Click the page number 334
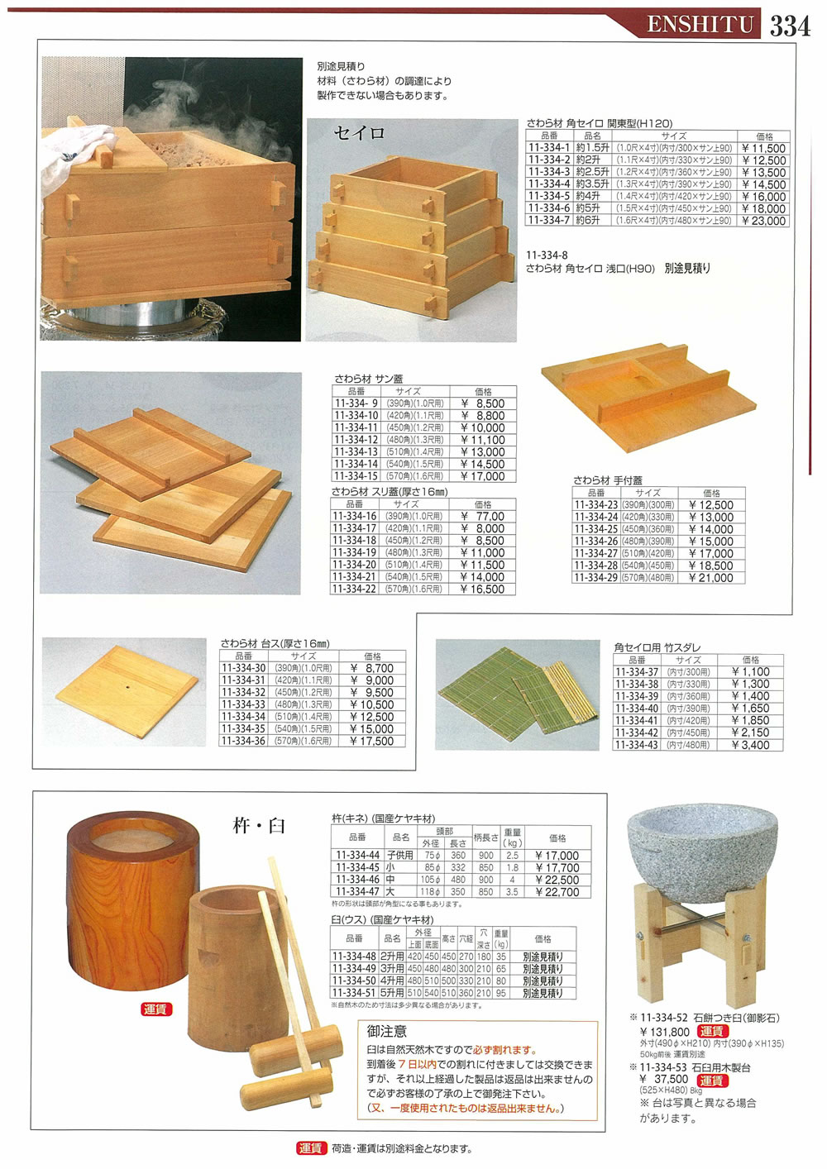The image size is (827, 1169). pos(790,25)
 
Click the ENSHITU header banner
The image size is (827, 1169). pos(700,25)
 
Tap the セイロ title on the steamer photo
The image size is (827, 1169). pos(359,133)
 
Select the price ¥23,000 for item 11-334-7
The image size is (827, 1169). pos(763,222)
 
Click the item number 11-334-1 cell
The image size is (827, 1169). pos(549,149)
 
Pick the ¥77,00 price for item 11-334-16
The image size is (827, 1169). pos(483,517)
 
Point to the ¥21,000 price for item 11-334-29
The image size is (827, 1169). pos(710,578)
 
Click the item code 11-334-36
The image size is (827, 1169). pos(243,742)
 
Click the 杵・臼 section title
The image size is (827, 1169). pos(259,825)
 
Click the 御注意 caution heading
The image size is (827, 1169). pos(387,1031)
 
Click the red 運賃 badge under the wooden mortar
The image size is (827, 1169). pos(155,1009)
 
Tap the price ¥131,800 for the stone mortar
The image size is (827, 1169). pos(664,1032)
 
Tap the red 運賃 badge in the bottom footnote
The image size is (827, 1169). pos(310,1148)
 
